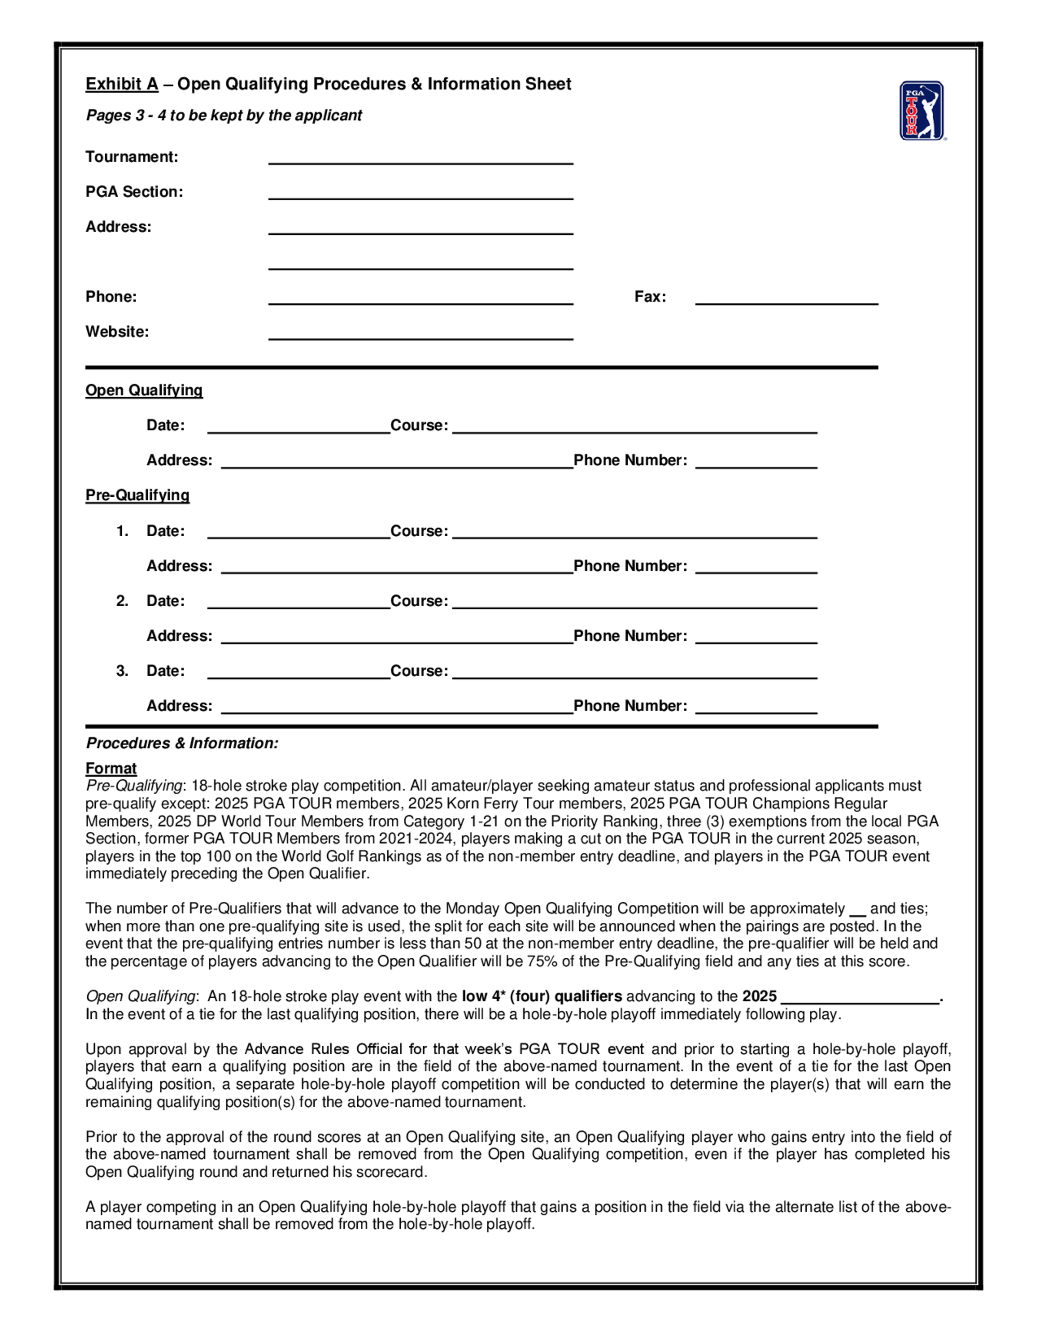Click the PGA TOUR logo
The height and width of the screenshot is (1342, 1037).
click(x=921, y=110)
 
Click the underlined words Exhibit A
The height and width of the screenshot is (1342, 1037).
click(x=122, y=84)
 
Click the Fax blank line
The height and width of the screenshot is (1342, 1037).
click(x=787, y=299)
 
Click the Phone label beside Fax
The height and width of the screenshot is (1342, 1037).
click(x=111, y=297)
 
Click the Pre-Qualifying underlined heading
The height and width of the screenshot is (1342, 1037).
click(x=137, y=495)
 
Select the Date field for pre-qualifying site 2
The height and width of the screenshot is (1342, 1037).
click(x=299, y=602)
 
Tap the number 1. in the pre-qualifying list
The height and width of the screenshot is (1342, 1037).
click(x=122, y=531)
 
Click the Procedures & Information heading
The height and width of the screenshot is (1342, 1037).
click(x=182, y=743)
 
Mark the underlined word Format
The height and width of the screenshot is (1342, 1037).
click(x=110, y=768)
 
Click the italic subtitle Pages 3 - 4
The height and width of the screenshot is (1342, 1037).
click(x=223, y=116)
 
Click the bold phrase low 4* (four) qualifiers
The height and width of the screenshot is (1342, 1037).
click(x=542, y=996)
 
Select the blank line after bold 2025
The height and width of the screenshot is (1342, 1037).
click(x=860, y=998)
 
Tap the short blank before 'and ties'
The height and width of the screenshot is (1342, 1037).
click(x=857, y=911)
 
